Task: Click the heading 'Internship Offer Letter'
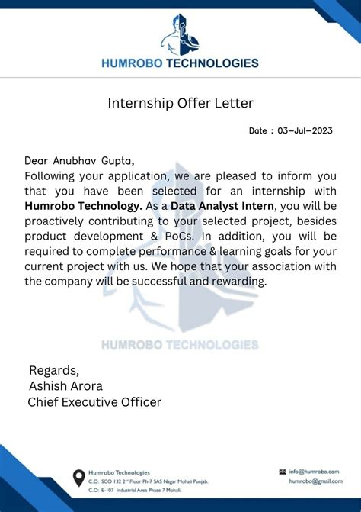[180, 102]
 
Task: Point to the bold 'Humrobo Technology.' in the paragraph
[83, 205]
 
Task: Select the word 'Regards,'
[54, 370]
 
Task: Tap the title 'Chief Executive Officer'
[94, 401]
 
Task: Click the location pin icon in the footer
[78, 478]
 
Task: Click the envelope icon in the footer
[283, 472]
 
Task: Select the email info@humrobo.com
[314, 472]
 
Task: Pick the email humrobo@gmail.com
[314, 481]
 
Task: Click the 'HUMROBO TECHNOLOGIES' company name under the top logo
[180, 63]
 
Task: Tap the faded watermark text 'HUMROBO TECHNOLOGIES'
[180, 345]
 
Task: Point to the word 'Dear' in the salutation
[37, 160]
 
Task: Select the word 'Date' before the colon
[257, 130]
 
